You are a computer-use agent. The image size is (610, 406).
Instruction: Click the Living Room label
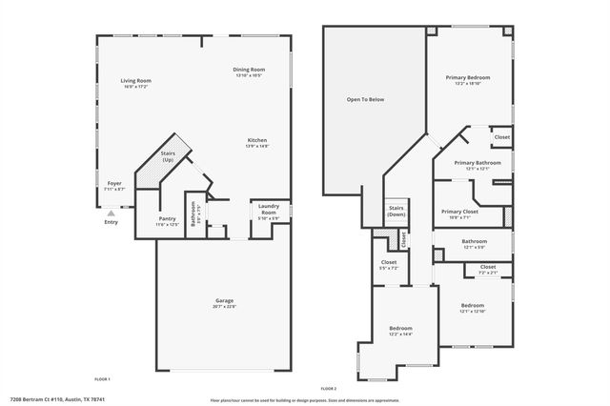point(136,81)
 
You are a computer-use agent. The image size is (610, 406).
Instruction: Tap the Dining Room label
point(249,70)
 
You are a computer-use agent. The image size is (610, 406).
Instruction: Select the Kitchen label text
point(257,140)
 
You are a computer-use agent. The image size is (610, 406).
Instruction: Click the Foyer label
point(113,183)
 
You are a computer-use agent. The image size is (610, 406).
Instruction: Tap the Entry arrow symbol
point(112,214)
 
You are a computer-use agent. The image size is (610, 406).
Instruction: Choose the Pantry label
point(167,218)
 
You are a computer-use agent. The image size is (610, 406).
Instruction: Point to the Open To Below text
point(364,99)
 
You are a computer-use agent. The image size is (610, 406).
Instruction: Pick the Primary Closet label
point(460,212)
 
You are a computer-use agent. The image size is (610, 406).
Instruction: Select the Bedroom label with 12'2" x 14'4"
point(400,328)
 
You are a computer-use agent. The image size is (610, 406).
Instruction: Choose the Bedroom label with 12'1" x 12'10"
point(473,307)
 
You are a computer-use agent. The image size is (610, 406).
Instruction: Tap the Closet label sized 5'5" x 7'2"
point(389,262)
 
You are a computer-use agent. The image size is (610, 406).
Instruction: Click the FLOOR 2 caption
point(329,389)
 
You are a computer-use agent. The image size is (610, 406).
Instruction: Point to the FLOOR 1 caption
point(102,378)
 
